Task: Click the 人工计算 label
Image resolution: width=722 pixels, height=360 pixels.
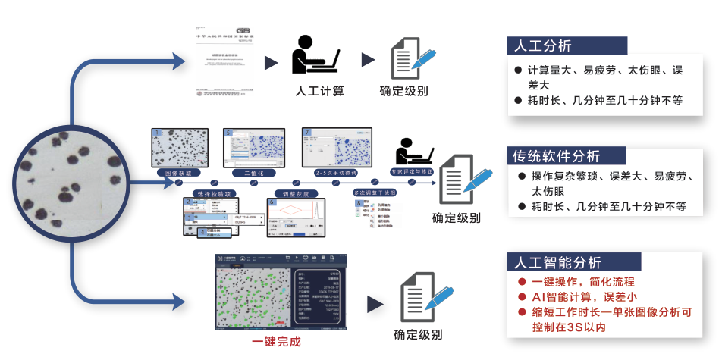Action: [x=319, y=91]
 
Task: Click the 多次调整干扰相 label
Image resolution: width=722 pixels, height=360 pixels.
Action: [x=375, y=193]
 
